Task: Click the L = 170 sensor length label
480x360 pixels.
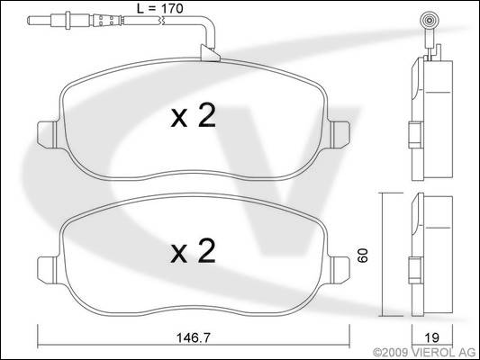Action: tap(159, 8)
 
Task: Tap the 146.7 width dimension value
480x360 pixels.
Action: tap(194, 337)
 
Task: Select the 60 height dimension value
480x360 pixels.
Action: tap(363, 256)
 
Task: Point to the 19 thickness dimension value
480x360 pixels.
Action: tap(432, 337)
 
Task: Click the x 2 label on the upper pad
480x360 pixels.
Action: tap(193, 115)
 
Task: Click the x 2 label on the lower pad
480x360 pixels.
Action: tap(193, 251)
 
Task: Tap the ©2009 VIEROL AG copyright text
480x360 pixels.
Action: tap(424, 353)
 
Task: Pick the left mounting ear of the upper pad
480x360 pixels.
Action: tap(47, 134)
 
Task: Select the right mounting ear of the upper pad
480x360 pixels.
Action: tap(340, 134)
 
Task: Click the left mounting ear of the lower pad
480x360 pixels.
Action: tap(47, 269)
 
